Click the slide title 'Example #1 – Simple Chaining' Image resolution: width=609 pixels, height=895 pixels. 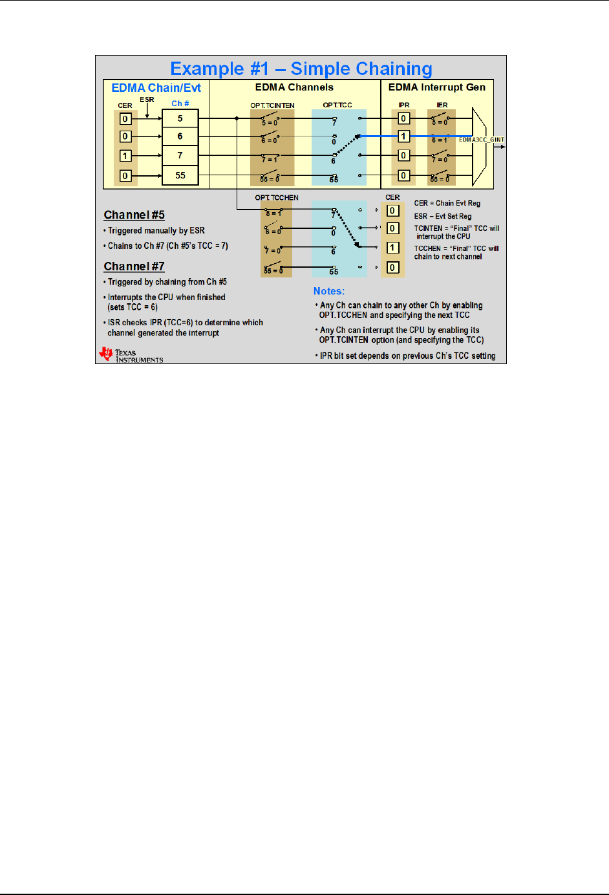301,69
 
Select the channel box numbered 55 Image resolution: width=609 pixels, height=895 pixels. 180,176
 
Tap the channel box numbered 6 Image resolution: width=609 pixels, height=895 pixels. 180,136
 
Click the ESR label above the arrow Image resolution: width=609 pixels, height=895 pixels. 147,100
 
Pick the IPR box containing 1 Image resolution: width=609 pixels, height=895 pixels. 403,136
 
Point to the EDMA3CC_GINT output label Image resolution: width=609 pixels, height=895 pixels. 481,140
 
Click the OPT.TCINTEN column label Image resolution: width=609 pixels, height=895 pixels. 272,105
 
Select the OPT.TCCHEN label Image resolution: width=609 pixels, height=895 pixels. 277,198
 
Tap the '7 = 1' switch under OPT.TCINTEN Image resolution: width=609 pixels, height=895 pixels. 270,158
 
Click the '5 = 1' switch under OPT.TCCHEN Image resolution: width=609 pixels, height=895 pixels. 273,211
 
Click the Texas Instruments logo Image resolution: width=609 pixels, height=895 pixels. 131,354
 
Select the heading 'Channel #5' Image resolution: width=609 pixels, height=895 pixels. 134,215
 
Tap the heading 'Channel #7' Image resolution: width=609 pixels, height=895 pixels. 134,266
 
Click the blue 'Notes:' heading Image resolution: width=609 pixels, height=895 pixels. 329,292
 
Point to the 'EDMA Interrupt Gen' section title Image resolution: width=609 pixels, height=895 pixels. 436,87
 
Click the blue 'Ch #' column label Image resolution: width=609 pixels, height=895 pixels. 180,103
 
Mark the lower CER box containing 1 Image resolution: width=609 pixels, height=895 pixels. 392,248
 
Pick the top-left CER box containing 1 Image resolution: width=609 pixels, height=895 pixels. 125,156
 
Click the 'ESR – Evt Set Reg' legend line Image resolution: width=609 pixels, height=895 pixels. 443,217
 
